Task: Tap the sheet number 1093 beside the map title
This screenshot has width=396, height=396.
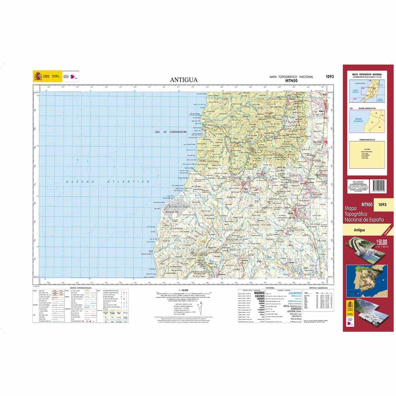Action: [x=329, y=77]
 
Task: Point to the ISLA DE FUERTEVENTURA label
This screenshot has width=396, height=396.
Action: [x=171, y=132]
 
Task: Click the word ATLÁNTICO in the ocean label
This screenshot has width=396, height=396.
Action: [x=129, y=182]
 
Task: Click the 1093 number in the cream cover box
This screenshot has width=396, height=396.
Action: [x=383, y=205]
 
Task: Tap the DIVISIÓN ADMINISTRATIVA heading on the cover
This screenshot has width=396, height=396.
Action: [x=367, y=108]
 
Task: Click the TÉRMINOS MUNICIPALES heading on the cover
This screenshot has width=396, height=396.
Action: [x=367, y=140]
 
